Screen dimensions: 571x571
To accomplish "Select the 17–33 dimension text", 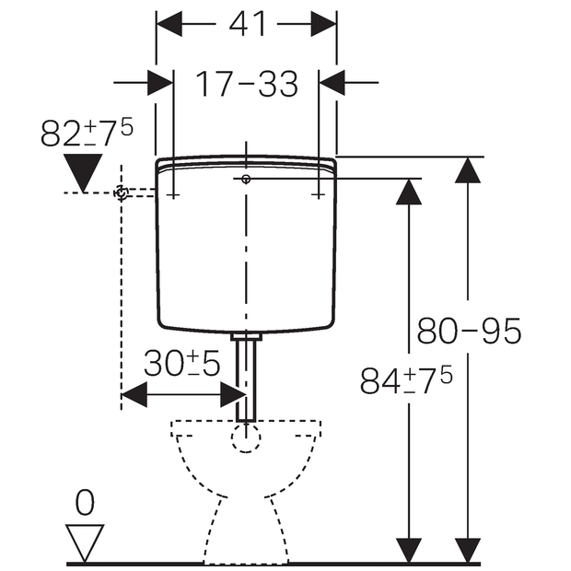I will tap(246, 85).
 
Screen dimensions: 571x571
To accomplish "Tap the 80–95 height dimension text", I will tap(470, 330).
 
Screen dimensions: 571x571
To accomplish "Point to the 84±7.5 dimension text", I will tap(406, 380).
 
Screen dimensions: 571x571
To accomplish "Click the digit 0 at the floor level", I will tap(85, 503).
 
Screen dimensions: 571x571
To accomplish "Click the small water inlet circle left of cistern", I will tap(121, 192).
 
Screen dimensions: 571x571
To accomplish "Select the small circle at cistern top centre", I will tap(246, 179).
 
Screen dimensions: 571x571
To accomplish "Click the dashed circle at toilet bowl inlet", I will tap(246, 437).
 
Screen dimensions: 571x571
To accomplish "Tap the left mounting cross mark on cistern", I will tap(173, 194).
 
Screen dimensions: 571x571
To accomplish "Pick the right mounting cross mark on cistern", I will tap(319, 194).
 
